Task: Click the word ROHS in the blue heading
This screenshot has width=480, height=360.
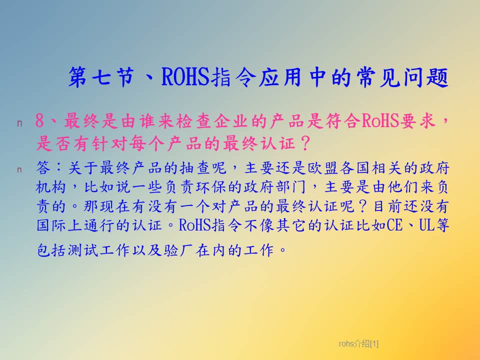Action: coord(185,76)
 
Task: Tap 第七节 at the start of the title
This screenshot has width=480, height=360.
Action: coord(101,76)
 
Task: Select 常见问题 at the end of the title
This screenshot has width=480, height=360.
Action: coord(402,76)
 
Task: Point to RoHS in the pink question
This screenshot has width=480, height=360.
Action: coord(380,120)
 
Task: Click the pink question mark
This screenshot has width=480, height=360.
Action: coord(305,143)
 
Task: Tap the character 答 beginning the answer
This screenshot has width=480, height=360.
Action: coord(43,168)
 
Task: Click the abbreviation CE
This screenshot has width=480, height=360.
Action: coord(394,225)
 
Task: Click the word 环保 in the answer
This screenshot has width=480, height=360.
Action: coord(211,187)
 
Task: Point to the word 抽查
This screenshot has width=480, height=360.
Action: coord(195,168)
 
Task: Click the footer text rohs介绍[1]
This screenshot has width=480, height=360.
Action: coord(358,344)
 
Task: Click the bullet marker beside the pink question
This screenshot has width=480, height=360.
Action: coord(19,123)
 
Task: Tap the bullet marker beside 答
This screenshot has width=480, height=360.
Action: coord(19,169)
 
